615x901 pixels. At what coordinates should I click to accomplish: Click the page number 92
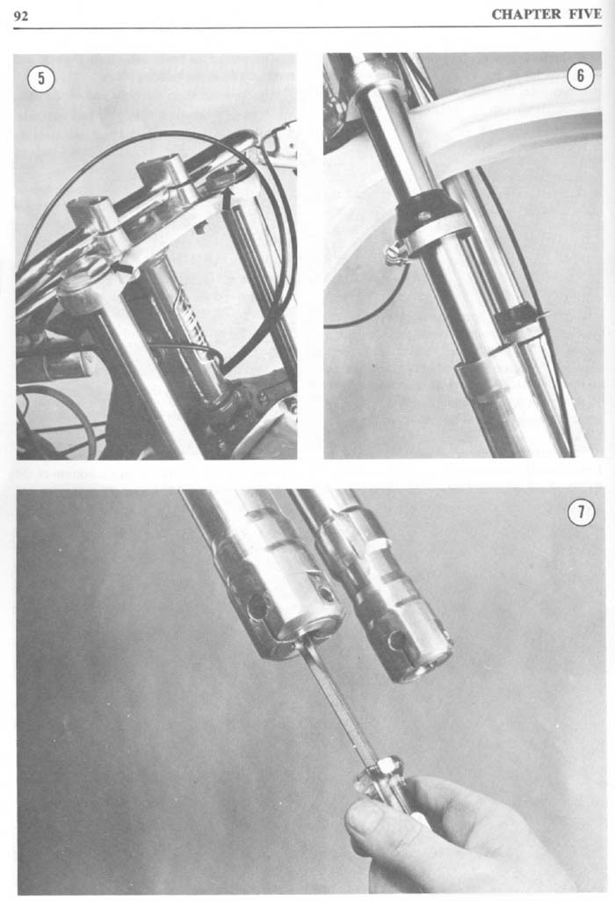(x=21, y=16)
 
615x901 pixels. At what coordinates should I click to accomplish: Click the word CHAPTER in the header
(x=526, y=14)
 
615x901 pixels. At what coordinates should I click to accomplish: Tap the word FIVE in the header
(x=585, y=14)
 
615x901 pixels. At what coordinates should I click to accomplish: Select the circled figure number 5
(x=41, y=79)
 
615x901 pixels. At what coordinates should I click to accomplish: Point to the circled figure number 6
(x=581, y=76)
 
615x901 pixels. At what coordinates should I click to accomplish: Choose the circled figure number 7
(x=581, y=512)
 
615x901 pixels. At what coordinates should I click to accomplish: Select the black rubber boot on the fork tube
(x=426, y=214)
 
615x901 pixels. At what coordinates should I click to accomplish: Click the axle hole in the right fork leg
(x=397, y=640)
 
